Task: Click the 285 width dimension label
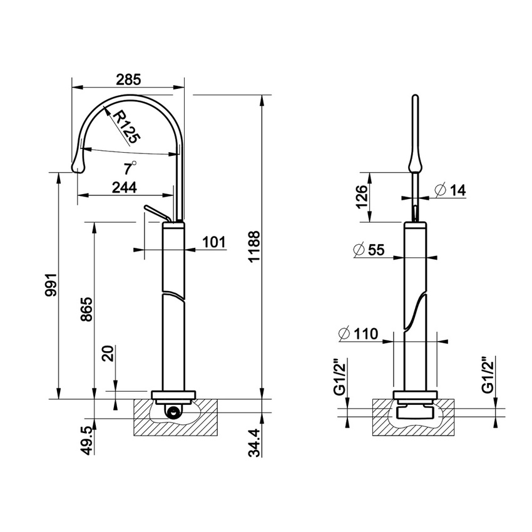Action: (128, 79)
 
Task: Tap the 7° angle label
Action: (130, 168)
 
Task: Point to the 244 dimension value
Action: (125, 187)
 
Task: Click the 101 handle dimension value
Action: (213, 242)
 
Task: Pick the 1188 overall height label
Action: (252, 250)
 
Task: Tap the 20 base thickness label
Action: (108, 355)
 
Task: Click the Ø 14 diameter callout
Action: (449, 190)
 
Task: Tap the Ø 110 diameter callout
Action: (357, 334)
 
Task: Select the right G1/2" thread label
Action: (488, 376)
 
